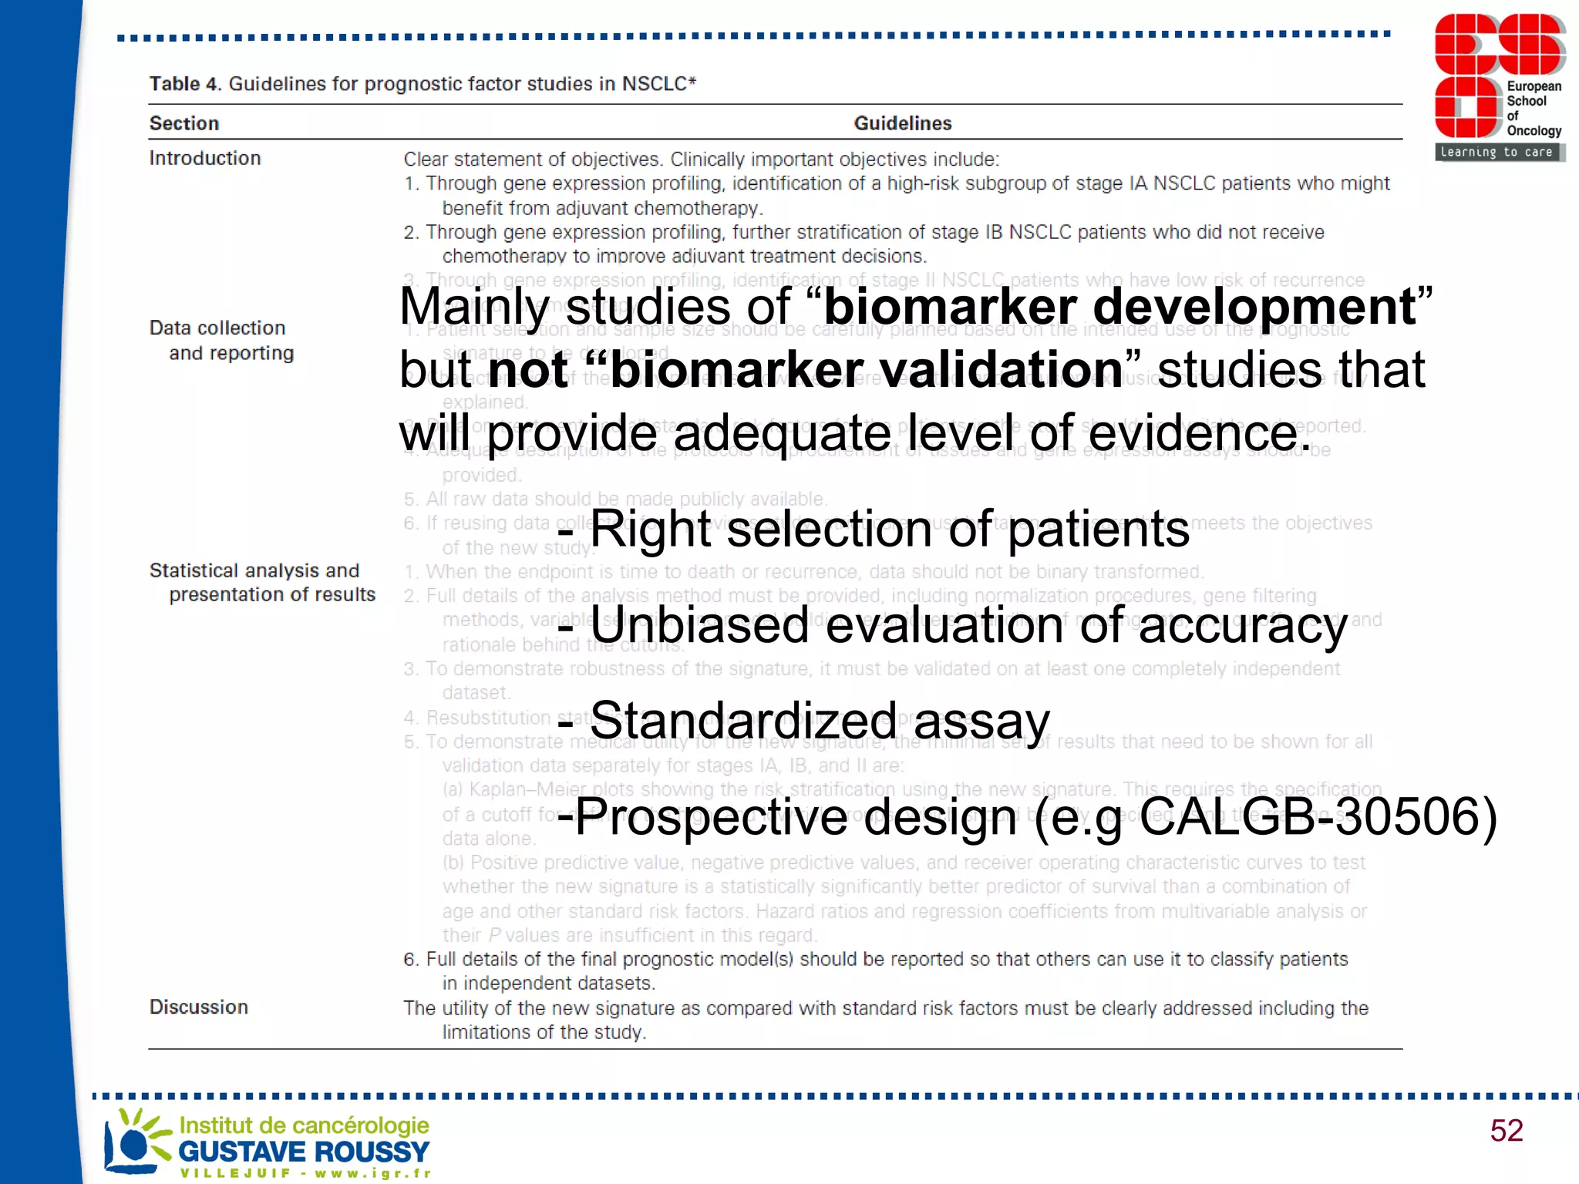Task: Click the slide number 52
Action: coord(1506,1131)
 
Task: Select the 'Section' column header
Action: coord(184,123)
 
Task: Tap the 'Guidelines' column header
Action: coord(902,123)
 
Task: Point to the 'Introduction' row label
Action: coord(205,158)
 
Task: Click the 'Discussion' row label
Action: coord(199,1007)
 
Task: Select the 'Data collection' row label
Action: coord(217,328)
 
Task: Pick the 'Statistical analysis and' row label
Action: coord(254,570)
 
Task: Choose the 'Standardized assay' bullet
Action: coord(819,721)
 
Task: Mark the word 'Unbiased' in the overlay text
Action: coord(699,625)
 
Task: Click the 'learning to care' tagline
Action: coord(1497,152)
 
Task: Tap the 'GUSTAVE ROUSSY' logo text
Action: coord(304,1152)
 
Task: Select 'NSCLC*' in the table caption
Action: coord(659,84)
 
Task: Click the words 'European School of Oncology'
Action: coord(1534,109)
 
